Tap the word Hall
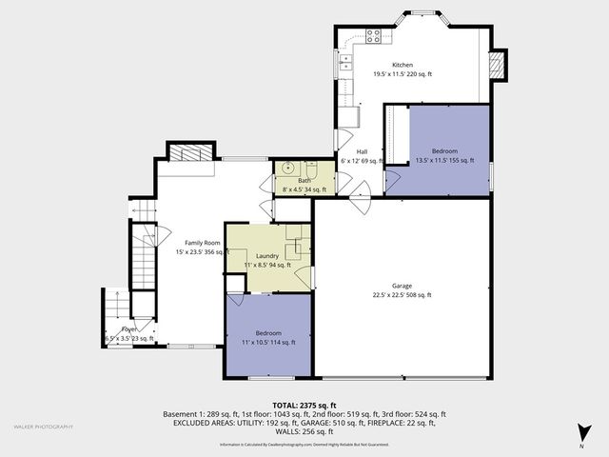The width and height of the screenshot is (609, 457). coord(362,151)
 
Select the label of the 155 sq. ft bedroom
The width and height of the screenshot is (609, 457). coord(444,151)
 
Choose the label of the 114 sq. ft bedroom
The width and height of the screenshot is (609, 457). coord(268,333)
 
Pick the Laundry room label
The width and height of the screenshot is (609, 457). coord(267,255)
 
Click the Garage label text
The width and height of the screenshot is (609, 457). coord(402,286)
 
